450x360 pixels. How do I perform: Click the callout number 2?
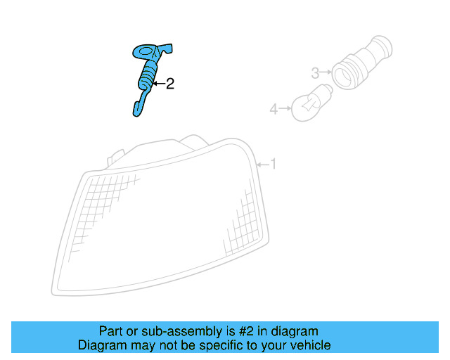coord(169,84)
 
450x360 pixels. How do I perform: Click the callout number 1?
coord(274,165)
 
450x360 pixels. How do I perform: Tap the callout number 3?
coord(315,72)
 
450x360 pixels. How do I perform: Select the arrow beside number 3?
coord(326,72)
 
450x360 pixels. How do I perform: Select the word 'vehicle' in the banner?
coord(310,345)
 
